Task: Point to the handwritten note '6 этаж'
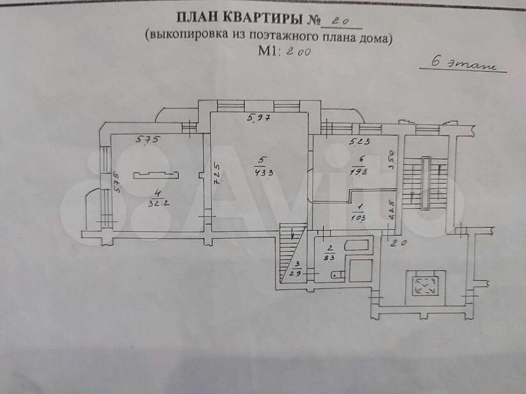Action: click(460, 65)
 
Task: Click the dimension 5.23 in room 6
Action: click(360, 142)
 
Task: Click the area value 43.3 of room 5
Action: click(263, 172)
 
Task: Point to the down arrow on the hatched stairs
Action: click(293, 236)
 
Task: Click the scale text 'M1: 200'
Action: click(284, 51)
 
